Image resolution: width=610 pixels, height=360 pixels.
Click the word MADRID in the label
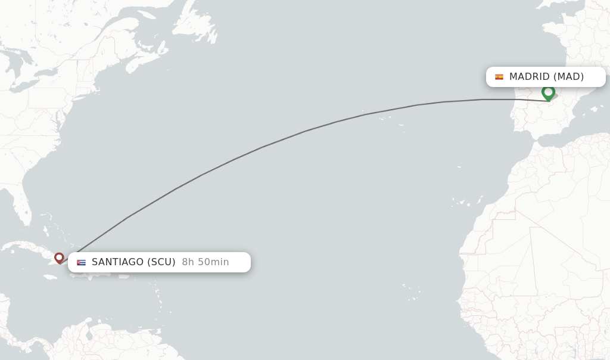coord(529,77)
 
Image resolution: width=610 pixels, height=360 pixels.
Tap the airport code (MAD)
coord(568,77)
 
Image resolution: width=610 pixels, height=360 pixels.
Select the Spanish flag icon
coord(499,77)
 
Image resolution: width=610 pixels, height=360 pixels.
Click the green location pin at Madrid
coord(548,92)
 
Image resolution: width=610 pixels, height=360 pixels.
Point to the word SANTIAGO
coord(118,262)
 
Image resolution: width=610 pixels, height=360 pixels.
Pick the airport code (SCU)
coord(161,262)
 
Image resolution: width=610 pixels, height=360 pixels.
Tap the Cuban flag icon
coord(81,262)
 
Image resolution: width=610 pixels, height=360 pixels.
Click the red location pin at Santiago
coord(59,257)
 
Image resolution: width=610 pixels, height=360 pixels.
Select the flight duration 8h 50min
coord(206,262)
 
